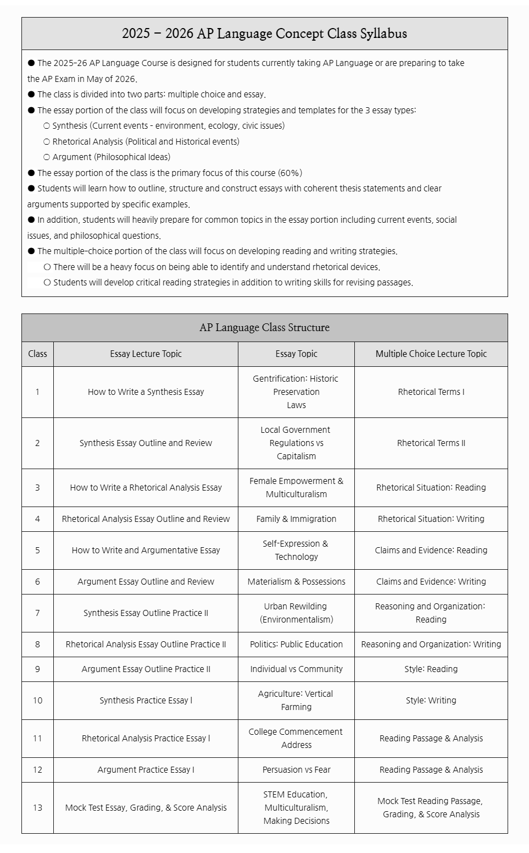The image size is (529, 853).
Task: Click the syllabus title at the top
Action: tap(264, 34)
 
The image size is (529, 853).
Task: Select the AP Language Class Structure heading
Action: tap(264, 328)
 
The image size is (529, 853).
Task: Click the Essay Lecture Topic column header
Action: tap(146, 354)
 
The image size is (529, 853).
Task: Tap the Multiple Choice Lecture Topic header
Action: tap(431, 354)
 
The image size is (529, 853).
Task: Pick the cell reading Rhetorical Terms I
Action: tap(431, 392)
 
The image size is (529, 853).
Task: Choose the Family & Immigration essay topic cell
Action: tap(296, 519)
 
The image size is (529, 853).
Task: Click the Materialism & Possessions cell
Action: tap(296, 582)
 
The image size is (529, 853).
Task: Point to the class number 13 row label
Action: tap(37, 808)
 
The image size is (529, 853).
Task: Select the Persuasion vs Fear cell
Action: tap(296, 770)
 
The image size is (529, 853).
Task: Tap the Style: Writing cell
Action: tap(431, 701)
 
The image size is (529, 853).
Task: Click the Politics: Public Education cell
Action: tap(296, 645)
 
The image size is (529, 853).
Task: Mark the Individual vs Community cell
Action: tap(296, 669)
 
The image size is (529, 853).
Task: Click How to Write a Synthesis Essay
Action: tap(146, 392)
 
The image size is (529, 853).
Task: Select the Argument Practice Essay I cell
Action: tap(146, 770)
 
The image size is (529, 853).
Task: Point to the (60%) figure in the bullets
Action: tap(290, 173)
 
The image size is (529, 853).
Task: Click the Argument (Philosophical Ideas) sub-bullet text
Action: tap(112, 157)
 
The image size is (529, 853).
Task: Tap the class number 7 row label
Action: tap(37, 613)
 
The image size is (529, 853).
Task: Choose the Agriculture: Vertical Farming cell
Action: tap(296, 701)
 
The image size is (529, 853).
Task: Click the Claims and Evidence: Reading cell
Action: tap(431, 551)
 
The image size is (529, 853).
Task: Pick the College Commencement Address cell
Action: tap(296, 739)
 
